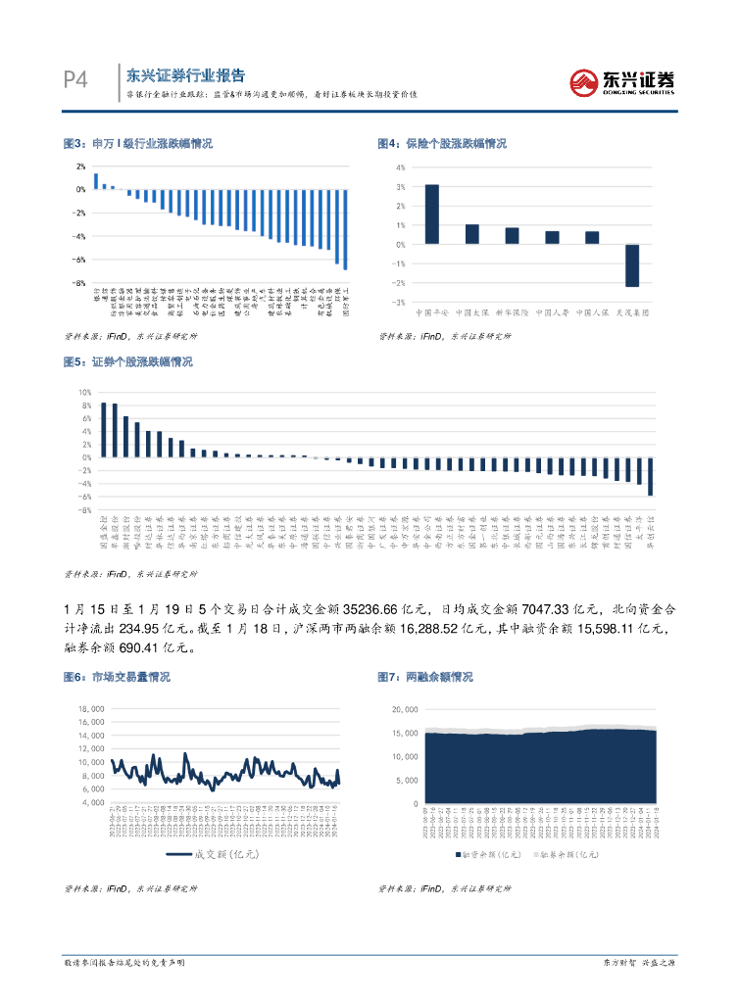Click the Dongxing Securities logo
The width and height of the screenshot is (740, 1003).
[622, 81]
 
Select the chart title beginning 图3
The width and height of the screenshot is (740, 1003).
[137, 143]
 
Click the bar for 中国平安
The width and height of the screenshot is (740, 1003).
[431, 214]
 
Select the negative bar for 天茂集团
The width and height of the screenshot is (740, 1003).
[632, 265]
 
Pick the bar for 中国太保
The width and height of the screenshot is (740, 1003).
[471, 234]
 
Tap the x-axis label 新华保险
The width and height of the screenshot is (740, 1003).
[512, 312]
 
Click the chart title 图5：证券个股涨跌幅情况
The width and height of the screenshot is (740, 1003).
[127, 361]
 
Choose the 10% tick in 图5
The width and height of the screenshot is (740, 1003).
[85, 392]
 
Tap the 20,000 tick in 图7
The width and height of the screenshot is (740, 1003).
[405, 708]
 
